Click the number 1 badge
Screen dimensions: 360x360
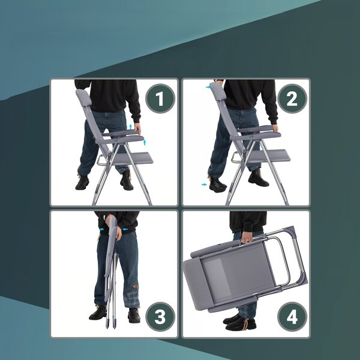[160, 98]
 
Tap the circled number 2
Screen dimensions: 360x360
[292, 98]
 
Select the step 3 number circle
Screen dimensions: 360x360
[160, 317]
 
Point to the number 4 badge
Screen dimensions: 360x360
[292, 317]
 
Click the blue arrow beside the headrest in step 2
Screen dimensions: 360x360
[208, 87]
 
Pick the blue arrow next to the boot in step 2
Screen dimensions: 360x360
[204, 184]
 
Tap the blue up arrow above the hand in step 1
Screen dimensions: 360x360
[131, 127]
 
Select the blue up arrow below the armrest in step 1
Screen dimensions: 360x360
[145, 142]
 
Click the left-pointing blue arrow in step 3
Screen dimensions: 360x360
[125, 229]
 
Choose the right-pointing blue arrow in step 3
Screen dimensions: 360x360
[101, 229]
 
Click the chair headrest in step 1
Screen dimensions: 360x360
[83, 98]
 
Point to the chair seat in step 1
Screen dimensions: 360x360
[133, 158]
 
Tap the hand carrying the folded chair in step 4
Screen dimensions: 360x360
[247, 238]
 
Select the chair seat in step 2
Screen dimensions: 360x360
[269, 155]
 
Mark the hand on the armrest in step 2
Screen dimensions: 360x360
[275, 127]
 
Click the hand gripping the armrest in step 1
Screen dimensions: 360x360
[137, 128]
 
